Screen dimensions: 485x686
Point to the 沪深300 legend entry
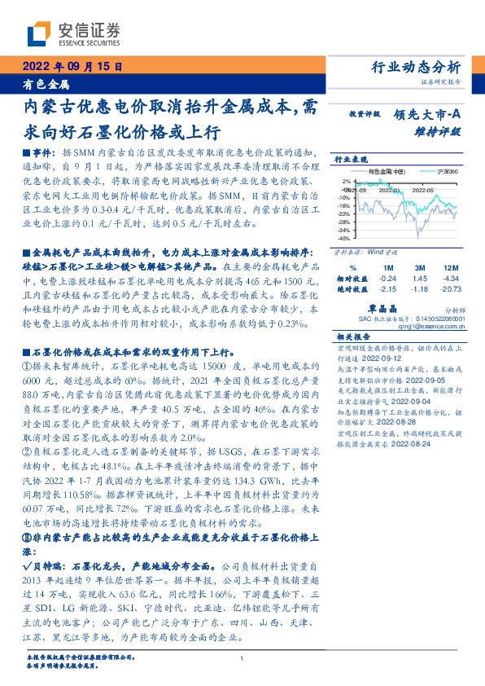point(447,172)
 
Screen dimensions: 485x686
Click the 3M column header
point(420,268)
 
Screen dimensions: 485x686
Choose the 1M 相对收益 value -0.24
point(388,278)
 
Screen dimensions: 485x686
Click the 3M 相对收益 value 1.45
point(420,278)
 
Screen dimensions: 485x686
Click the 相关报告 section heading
point(354,336)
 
